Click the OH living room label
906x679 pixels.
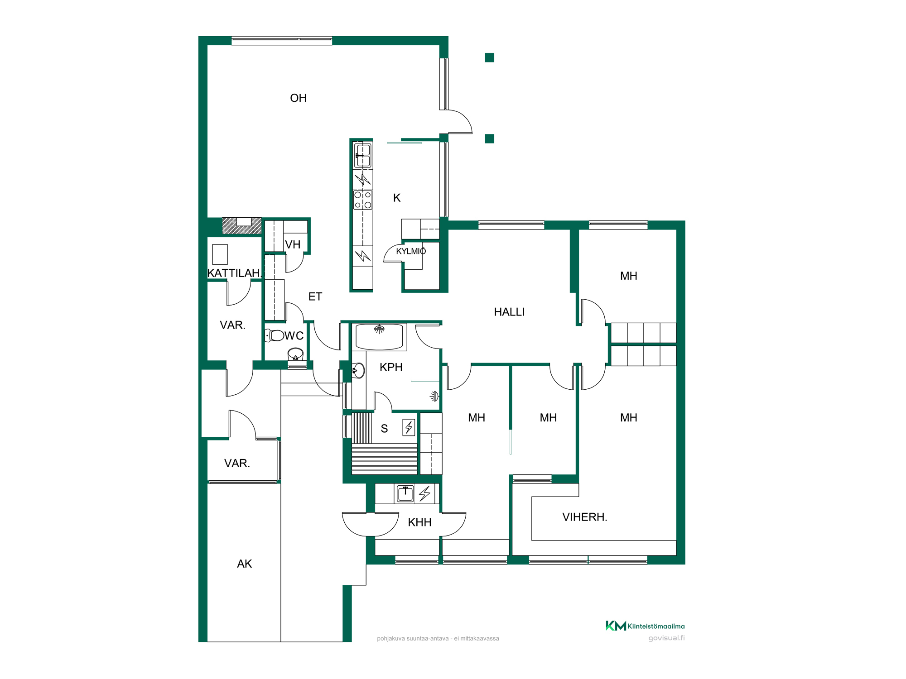click(298, 98)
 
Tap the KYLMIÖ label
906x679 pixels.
click(411, 251)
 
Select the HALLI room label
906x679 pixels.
click(509, 312)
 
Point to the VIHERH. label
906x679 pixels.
click(584, 517)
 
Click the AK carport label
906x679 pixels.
click(244, 564)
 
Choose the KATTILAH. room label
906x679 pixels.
click(235, 273)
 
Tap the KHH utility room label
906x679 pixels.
click(419, 522)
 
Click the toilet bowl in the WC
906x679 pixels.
click(275, 335)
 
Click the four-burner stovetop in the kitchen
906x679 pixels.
click(363, 200)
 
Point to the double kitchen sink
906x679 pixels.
click(363, 156)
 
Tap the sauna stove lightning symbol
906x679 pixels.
click(409, 427)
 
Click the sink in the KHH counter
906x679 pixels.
click(405, 493)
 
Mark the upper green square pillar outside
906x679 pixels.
click(489, 57)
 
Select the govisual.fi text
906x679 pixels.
click(666, 638)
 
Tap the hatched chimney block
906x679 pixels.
click(242, 226)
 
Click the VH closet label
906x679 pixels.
click(293, 244)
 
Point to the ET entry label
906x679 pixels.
click(315, 296)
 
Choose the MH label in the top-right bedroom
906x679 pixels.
click(628, 276)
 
